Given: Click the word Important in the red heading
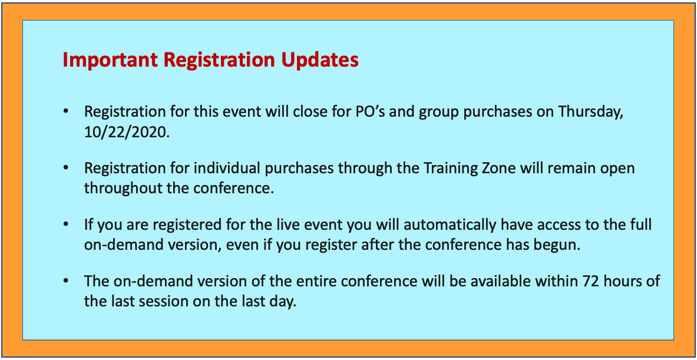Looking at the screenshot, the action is coord(110,61).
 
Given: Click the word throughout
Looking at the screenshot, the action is coord(122,189).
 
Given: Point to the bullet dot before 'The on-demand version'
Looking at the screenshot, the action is coord(66,282).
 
